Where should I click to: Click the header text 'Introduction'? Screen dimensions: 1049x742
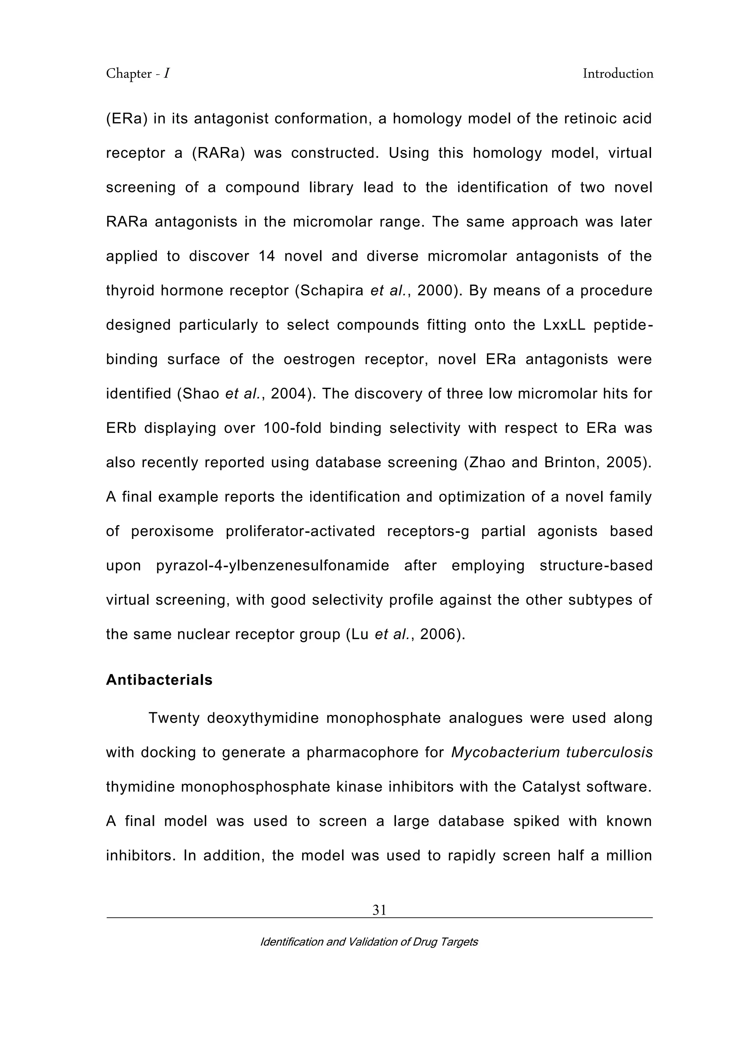coord(618,74)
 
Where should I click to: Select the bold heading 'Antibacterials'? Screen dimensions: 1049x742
coord(159,680)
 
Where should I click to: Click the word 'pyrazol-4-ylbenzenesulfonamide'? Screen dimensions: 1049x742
coord(273,566)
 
